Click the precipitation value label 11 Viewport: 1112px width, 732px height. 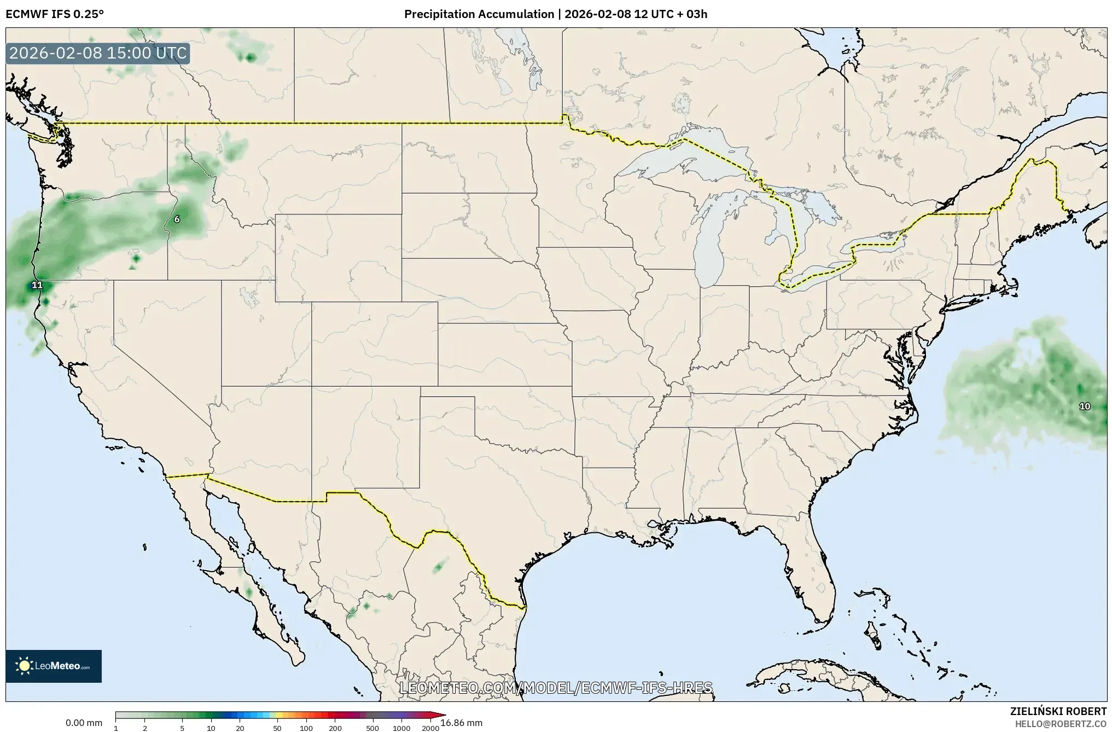pos(37,285)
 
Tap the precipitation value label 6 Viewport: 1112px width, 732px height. pos(177,219)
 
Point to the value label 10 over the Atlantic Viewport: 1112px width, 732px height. pos(1085,406)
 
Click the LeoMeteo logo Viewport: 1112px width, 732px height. pos(54,666)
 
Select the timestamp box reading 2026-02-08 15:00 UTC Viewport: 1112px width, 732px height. pos(98,54)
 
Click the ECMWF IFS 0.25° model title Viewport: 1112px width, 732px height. pos(55,14)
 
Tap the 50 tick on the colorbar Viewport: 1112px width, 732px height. pos(277,728)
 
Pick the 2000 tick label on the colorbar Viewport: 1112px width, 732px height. pos(430,728)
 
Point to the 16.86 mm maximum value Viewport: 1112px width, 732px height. pos(461,723)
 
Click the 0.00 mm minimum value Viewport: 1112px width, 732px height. pos(84,723)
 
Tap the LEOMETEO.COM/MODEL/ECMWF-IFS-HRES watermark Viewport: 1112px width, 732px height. pos(556,688)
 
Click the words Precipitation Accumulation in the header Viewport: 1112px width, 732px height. pos(479,14)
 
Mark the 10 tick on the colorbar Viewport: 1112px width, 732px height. pos(211,728)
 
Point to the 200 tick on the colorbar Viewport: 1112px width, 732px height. pos(335,728)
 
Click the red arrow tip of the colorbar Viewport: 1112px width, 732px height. pos(441,714)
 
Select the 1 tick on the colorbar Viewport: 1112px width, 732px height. pos(116,728)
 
